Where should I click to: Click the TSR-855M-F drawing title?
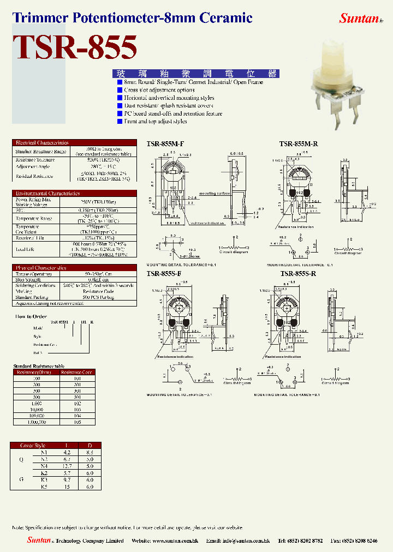[x=165, y=144]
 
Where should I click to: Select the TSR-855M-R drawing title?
[x=298, y=144]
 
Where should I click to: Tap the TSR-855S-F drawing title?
[x=164, y=273]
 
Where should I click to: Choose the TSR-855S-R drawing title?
[x=298, y=273]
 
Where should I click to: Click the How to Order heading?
[x=31, y=316]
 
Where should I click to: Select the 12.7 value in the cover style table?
[x=68, y=466]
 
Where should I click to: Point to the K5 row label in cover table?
[x=44, y=486]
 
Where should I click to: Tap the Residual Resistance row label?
[x=33, y=176]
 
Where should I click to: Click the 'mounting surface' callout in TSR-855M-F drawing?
[x=215, y=193]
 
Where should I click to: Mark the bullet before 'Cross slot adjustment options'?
[x=120, y=90]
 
